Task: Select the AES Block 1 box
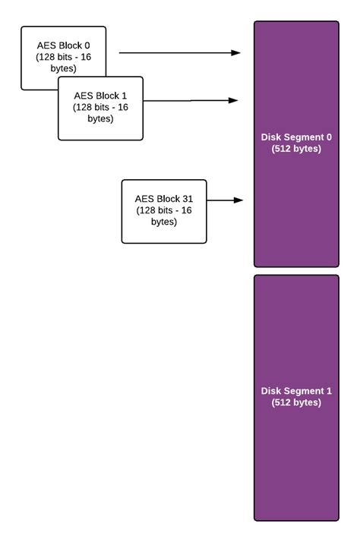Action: pyautogui.click(x=101, y=108)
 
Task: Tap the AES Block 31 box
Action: pyautogui.click(x=164, y=211)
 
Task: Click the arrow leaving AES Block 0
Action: pyautogui.click(x=178, y=53)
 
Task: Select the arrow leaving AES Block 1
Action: pyautogui.click(x=190, y=100)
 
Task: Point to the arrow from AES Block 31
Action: pyautogui.click(x=223, y=200)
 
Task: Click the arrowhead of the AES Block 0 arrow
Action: pyautogui.click(x=236, y=53)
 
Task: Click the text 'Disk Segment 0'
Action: pyautogui.click(x=296, y=137)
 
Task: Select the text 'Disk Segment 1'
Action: pyautogui.click(x=296, y=391)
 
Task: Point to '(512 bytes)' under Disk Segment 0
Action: pyautogui.click(x=296, y=149)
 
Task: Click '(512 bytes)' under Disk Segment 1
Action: pyautogui.click(x=296, y=402)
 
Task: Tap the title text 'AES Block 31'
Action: pyautogui.click(x=164, y=198)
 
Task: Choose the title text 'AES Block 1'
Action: pyautogui.click(x=101, y=96)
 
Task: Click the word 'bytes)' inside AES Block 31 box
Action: pyautogui.click(x=164, y=222)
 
